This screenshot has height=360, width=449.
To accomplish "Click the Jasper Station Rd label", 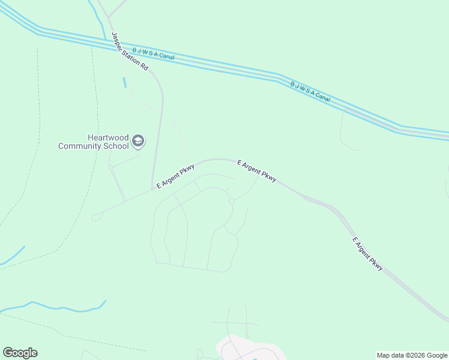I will [129, 52].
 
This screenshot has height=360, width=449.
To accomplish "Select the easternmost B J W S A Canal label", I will [310, 92].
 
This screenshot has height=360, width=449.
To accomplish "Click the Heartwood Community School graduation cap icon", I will [138, 141].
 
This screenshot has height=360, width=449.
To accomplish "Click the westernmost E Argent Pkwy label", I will [175, 176].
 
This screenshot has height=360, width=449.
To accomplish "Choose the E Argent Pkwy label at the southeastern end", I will [367, 254].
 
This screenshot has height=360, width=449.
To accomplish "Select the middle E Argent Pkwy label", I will [257, 170].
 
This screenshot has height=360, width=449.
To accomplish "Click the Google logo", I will [20, 353].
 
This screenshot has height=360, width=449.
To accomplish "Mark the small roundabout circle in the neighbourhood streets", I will [231, 201].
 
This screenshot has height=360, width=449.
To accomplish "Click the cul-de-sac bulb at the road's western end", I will [95, 218].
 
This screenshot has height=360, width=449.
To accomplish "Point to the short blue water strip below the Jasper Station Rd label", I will [125, 83].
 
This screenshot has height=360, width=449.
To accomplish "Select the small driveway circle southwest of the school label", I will [111, 169].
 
